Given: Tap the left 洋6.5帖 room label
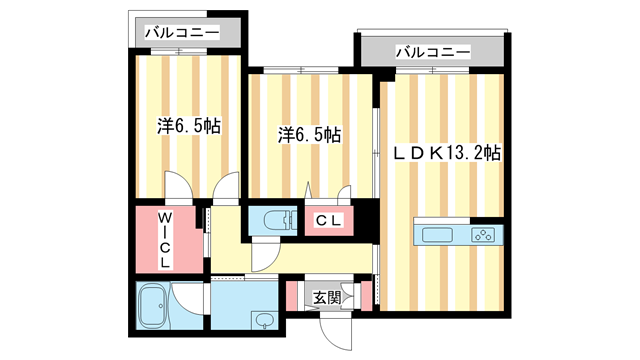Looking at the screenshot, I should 189,127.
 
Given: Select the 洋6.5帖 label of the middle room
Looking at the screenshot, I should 308,133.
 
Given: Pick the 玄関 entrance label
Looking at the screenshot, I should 327,297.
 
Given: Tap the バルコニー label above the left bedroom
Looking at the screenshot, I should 183,33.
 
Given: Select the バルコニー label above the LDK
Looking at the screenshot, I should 432,51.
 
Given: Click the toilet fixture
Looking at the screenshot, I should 269,219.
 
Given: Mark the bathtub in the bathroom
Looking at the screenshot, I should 153,306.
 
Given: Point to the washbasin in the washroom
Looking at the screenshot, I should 262,321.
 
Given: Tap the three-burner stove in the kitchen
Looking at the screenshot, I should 483,236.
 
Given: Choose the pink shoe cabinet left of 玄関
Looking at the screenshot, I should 291,297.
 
